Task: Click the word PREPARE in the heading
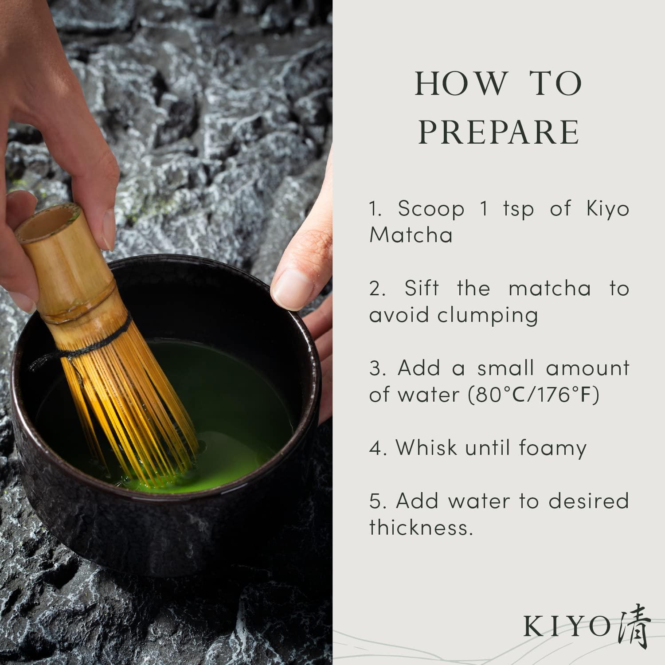pyautogui.click(x=499, y=132)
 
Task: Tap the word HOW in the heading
pyautogui.click(x=461, y=84)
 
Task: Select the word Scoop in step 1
pyautogui.click(x=430, y=208)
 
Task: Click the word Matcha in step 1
pyautogui.click(x=411, y=235)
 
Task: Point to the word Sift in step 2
pyautogui.click(x=421, y=289)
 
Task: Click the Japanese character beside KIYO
pyautogui.click(x=634, y=626)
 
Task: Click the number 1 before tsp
pyautogui.click(x=484, y=208)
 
